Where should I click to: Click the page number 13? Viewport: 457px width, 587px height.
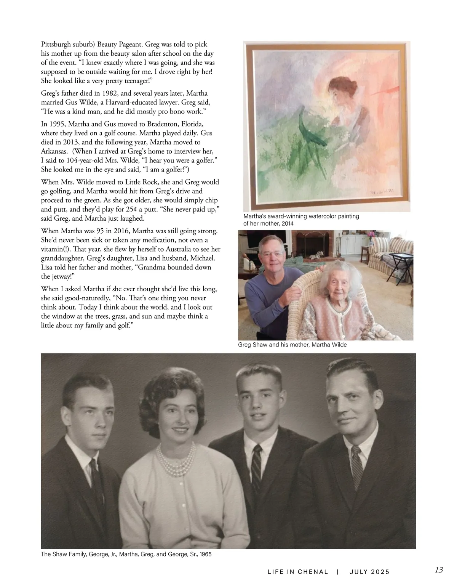click(x=439, y=570)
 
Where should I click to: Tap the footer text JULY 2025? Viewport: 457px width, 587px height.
click(x=369, y=571)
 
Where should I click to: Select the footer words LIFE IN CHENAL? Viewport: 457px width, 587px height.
click(x=298, y=571)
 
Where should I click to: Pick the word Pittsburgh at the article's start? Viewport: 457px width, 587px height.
click(x=57, y=44)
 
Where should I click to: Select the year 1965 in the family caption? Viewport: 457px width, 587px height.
click(x=204, y=554)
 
